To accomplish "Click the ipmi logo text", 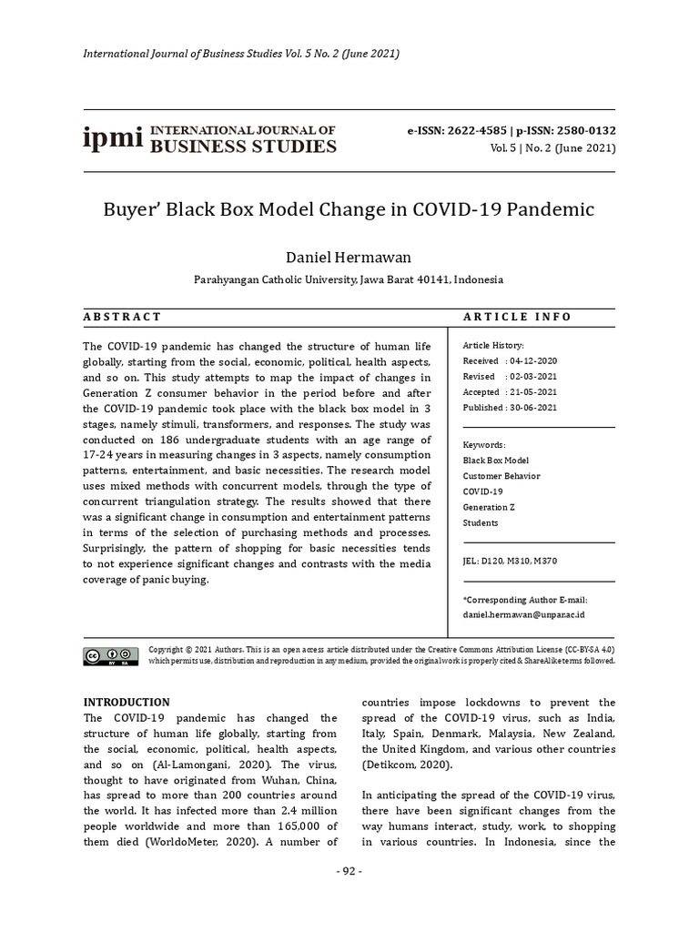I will (113, 139).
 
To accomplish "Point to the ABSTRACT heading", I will (122, 317).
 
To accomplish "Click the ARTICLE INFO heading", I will (517, 317).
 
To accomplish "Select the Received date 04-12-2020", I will (536, 361).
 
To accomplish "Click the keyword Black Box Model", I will (495, 461).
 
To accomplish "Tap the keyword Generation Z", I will (490, 507).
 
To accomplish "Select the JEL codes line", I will (510, 561).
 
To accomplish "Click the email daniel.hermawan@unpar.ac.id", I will (523, 615).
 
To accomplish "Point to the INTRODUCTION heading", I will (127, 702).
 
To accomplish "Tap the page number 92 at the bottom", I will (349, 871).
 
